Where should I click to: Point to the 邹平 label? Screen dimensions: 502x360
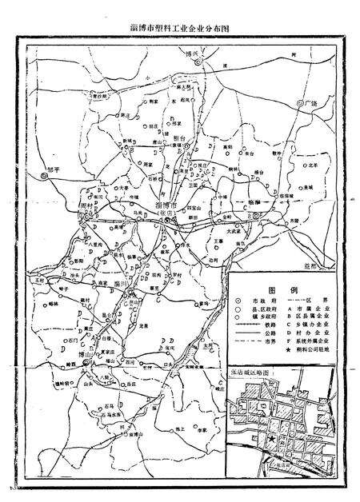[x=54, y=169]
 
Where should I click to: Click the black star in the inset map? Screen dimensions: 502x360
[x=272, y=439]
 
